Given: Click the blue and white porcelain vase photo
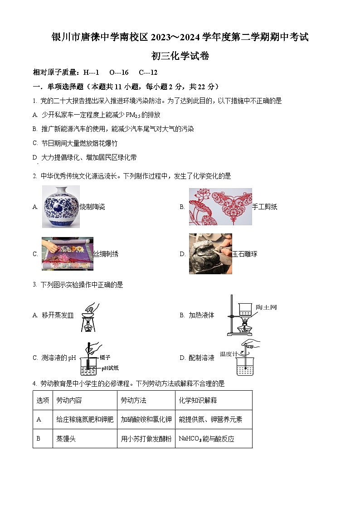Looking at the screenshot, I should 61,207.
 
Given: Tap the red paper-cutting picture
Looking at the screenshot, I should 220,207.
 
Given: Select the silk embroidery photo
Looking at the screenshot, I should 68,254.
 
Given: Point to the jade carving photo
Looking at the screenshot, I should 210,254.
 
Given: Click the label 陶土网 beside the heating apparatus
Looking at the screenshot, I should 266,307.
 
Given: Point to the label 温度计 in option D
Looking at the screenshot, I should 229,354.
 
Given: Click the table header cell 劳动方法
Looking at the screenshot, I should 133,400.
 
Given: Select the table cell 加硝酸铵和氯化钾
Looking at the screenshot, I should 146,420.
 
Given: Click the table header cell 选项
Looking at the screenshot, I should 42,400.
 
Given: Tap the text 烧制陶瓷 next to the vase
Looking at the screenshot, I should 92,207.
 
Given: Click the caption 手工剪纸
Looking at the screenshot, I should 264,207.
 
